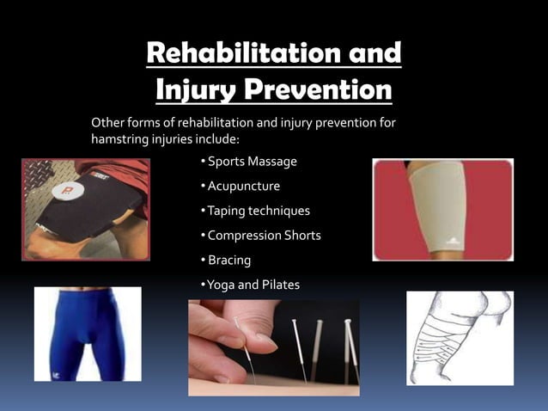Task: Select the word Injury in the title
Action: (x=197, y=89)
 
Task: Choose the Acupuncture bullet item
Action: (x=241, y=186)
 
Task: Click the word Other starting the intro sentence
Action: (x=108, y=123)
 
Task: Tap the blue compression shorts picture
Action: (x=87, y=334)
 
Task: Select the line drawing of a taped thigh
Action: (x=460, y=337)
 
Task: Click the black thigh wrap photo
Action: (x=85, y=209)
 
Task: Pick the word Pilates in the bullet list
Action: (x=280, y=284)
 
